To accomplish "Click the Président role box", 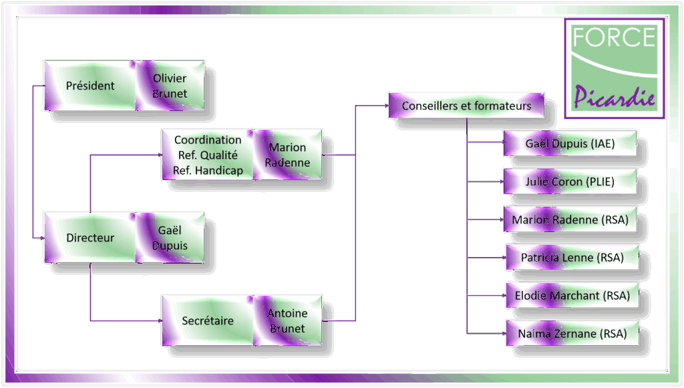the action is click(90, 86).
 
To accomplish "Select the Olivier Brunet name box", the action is click(170, 86).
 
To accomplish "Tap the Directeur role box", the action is click(90, 237).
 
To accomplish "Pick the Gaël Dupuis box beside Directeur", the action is click(170, 237).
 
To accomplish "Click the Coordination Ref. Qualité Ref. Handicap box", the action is click(208, 155).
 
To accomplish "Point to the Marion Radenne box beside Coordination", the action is click(287, 155).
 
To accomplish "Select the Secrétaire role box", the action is click(208, 320).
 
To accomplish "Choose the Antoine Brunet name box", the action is click(287, 320).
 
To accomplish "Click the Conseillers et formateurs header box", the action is click(466, 105).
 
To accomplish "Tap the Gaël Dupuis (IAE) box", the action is click(570, 143).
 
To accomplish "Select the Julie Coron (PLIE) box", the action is click(570, 181).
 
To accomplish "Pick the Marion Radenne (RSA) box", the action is click(570, 219).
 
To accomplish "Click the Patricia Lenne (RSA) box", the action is click(572, 258).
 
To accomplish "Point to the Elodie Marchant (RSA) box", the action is click(572, 296).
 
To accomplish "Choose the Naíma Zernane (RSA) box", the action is click(572, 333).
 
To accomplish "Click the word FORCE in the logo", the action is click(614, 37).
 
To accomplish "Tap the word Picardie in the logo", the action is click(615, 96).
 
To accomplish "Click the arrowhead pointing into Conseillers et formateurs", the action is click(387, 105).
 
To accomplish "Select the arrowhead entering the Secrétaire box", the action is click(160, 320).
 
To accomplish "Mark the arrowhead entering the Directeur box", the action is click(42, 237).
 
